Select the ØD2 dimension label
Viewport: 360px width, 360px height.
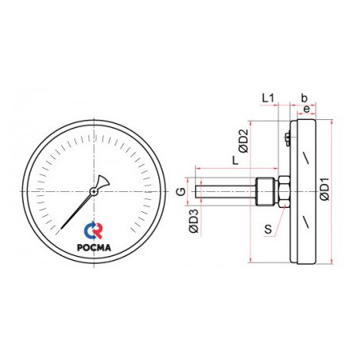(243, 141)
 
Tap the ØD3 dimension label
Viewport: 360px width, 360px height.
(194, 221)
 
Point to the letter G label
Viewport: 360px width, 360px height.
(182, 192)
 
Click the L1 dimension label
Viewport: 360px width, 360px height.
(268, 98)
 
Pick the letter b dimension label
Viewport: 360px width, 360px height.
(304, 98)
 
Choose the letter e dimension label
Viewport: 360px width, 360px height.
(307, 109)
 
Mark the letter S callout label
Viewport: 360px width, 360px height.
(268, 229)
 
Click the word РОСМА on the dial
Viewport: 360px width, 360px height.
(94, 248)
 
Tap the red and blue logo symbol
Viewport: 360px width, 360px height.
(94, 230)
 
